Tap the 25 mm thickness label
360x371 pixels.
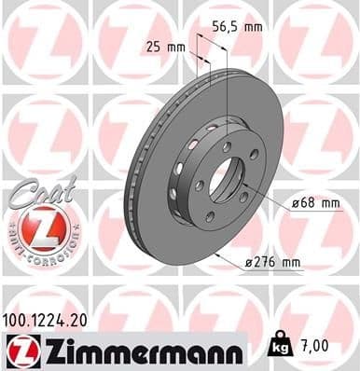[x=167, y=45]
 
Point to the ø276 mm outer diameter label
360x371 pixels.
[x=273, y=263]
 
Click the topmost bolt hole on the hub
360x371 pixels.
[x=227, y=145]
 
